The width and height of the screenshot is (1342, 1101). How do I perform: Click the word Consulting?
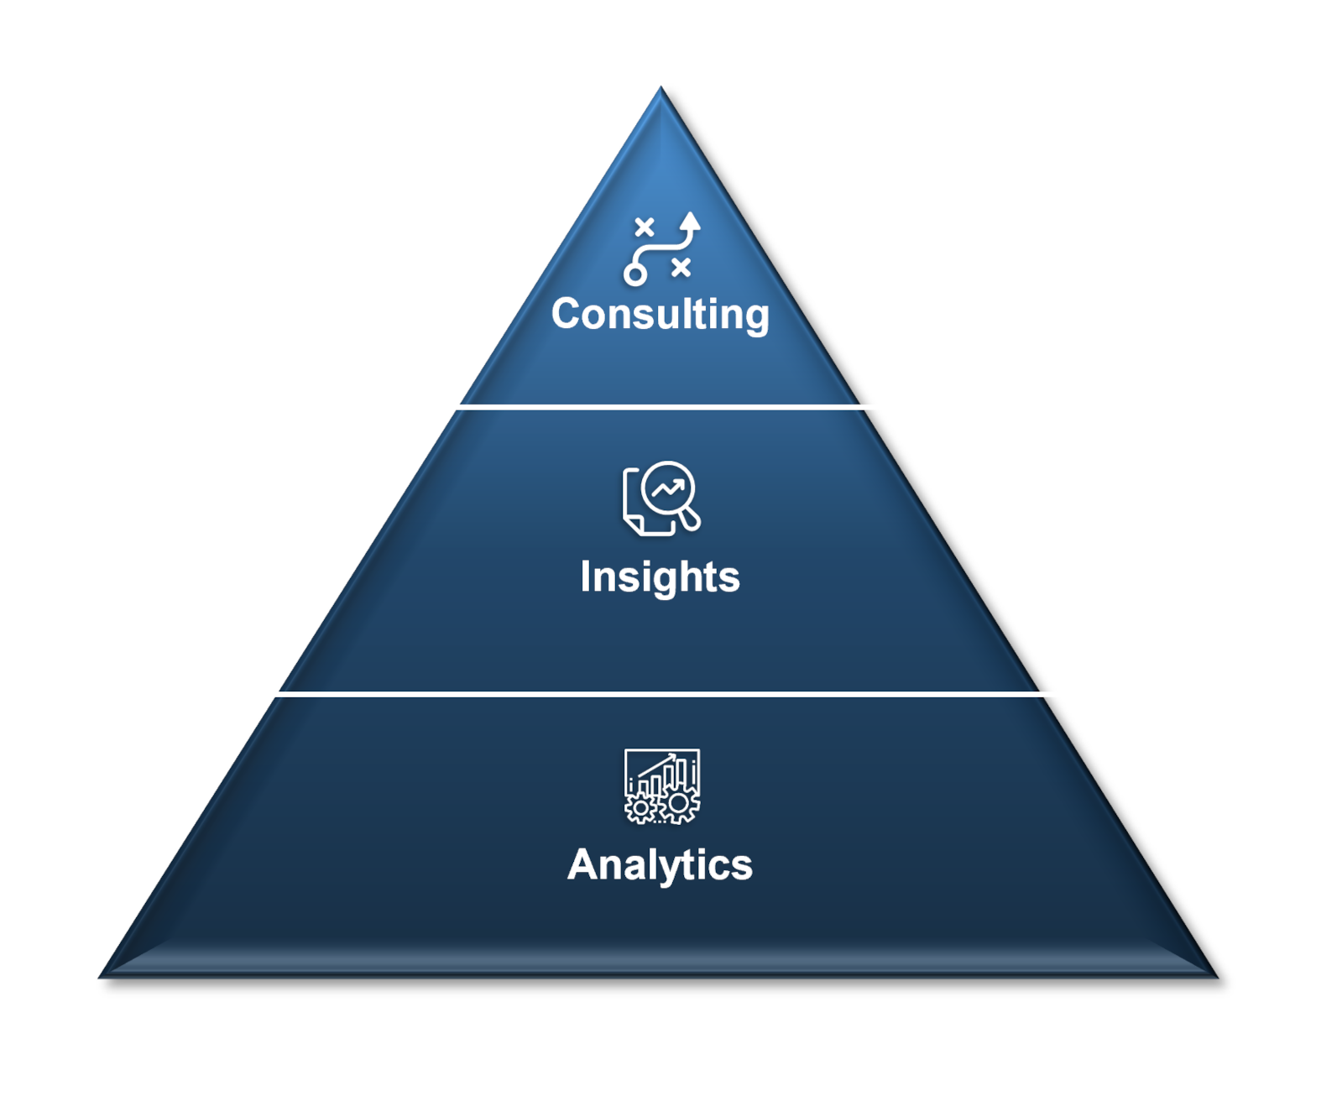tap(660, 315)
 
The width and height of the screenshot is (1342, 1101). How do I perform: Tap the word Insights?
tap(660, 577)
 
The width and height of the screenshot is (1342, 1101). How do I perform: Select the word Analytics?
tap(660, 865)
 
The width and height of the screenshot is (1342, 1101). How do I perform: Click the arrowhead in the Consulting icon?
tap(690, 221)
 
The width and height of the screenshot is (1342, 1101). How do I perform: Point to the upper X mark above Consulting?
tap(645, 227)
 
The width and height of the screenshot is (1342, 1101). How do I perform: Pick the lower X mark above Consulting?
tap(681, 268)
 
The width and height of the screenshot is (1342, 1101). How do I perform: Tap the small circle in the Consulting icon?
tap(635, 275)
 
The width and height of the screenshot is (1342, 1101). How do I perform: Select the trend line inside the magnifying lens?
tap(667, 488)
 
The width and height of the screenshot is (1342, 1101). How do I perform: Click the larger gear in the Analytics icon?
tap(679, 804)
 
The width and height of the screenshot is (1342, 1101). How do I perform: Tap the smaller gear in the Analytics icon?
tap(640, 808)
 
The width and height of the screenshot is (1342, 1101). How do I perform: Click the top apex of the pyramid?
tap(661, 86)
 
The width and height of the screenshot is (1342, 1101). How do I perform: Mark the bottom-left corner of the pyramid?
tap(99, 977)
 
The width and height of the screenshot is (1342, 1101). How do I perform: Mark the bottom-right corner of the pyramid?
tap(1218, 977)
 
